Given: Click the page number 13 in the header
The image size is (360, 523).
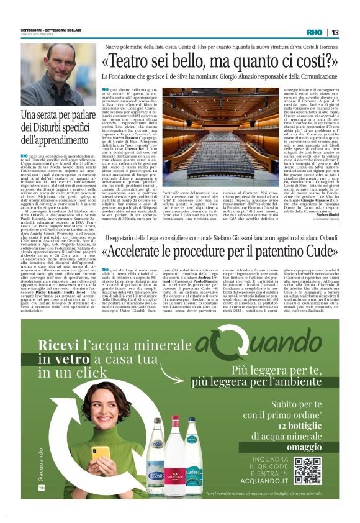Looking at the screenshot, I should click(335, 32).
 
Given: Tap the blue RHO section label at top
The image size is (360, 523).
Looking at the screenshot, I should click(315, 32).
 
